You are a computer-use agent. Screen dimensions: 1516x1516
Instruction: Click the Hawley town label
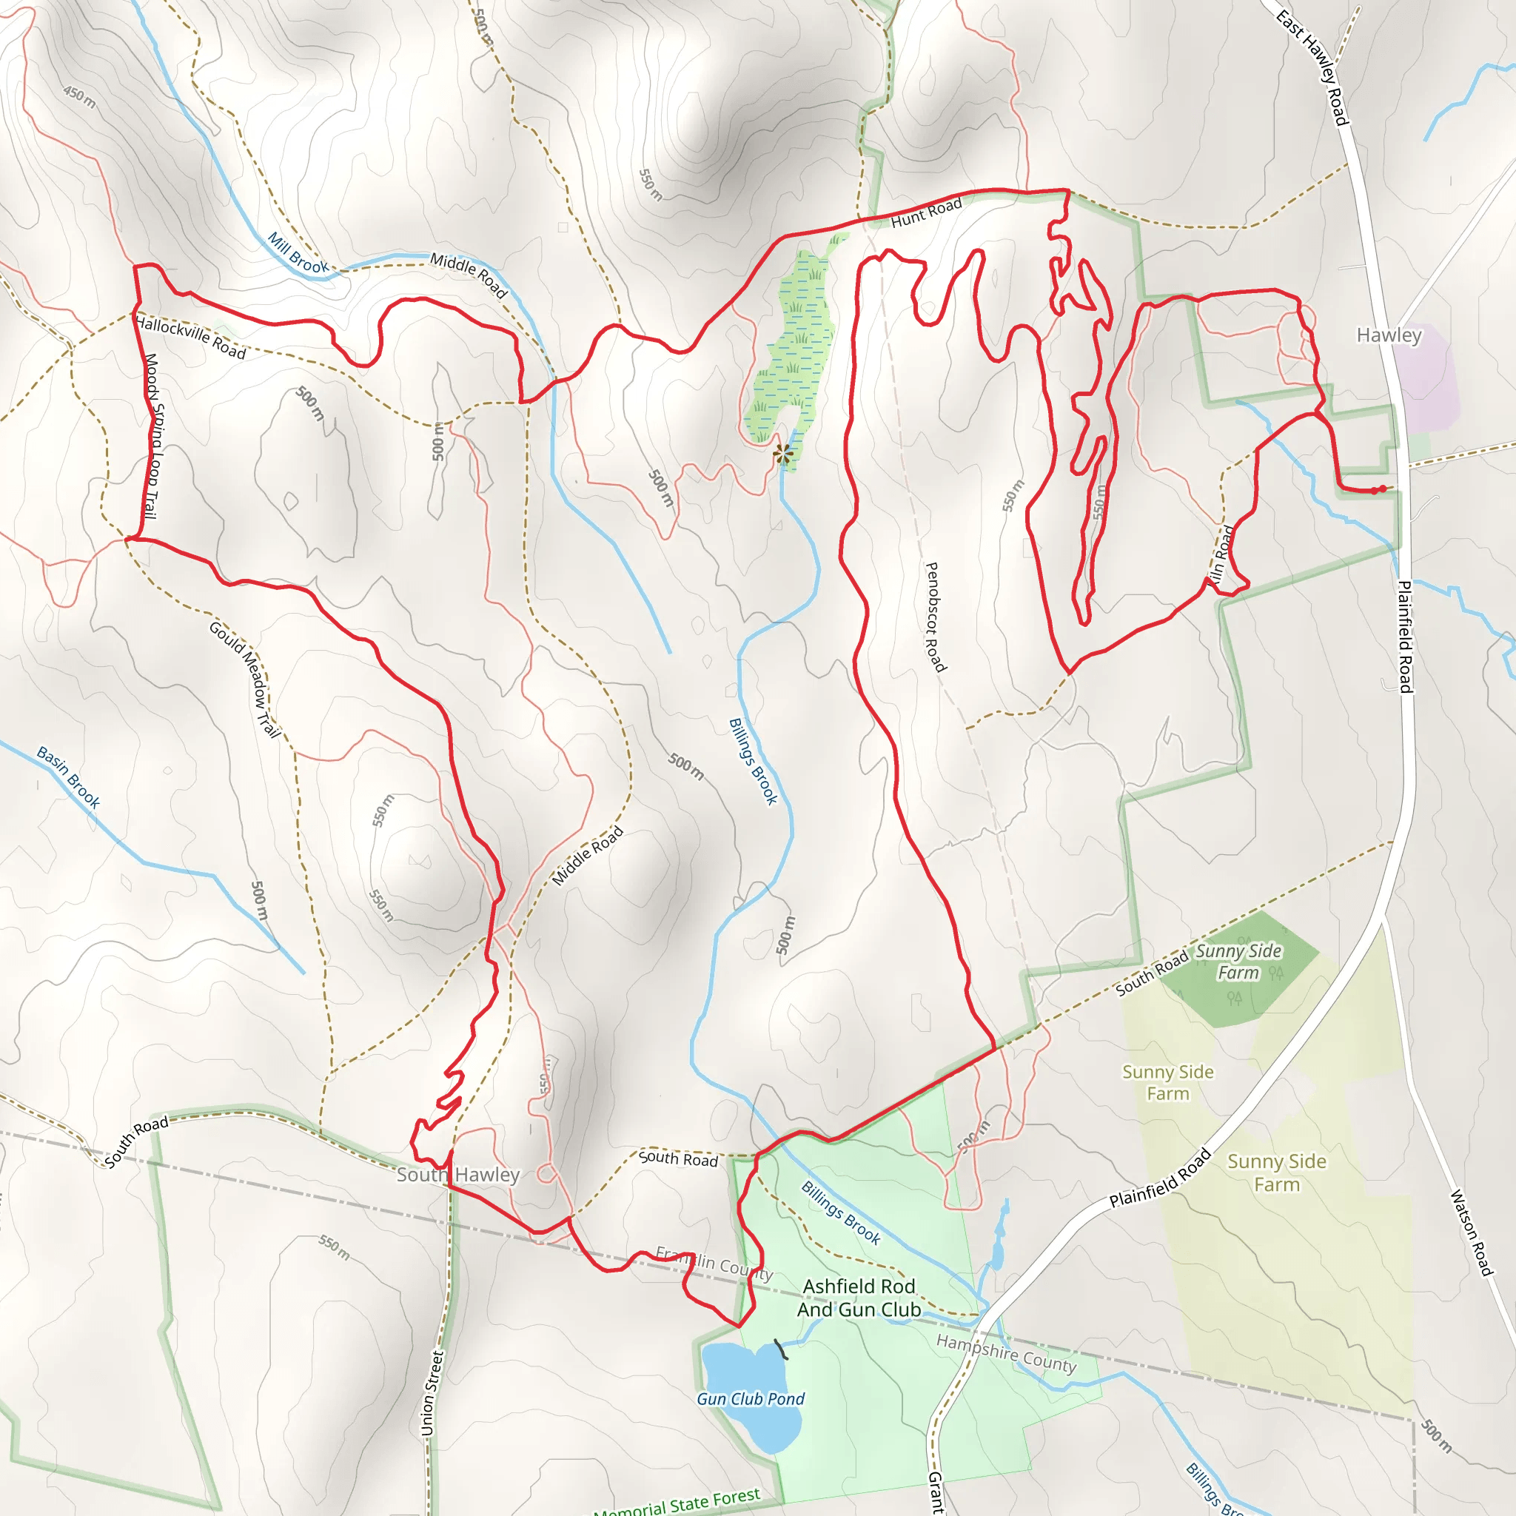[x=1389, y=336]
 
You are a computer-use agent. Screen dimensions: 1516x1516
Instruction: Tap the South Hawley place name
[x=458, y=1175]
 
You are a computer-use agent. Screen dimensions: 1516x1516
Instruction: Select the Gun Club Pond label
[x=750, y=1399]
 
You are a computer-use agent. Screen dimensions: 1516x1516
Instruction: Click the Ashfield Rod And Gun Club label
[x=859, y=1298]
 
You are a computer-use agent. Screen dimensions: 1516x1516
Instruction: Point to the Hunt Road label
[x=926, y=212]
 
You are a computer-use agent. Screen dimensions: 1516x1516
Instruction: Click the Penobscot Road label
[x=936, y=617]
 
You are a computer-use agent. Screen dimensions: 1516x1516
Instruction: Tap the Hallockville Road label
[x=191, y=338]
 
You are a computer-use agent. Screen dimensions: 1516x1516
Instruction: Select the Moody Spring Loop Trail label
[x=152, y=435]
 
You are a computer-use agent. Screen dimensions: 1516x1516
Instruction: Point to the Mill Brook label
[x=298, y=252]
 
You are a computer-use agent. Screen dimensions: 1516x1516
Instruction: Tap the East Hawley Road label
[x=1312, y=67]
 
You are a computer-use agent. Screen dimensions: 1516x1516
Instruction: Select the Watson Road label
[x=1469, y=1232]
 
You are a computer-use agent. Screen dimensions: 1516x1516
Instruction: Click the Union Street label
[x=432, y=1393]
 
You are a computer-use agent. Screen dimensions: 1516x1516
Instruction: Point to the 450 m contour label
[x=80, y=97]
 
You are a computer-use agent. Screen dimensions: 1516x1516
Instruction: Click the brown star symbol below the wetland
[x=782, y=453]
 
